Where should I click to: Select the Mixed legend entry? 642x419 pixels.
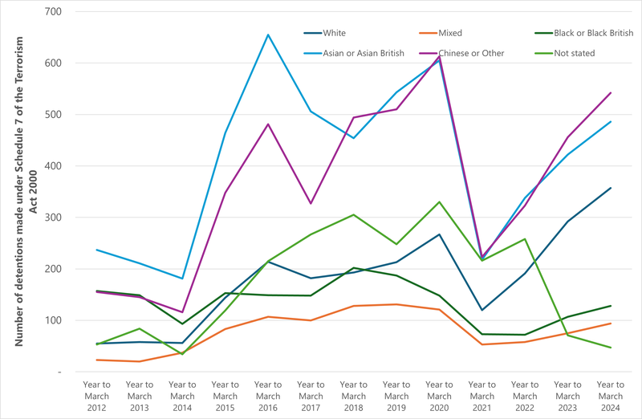[449, 33]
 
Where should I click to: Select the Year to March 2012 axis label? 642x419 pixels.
[96, 396]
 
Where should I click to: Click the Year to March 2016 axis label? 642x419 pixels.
[268, 396]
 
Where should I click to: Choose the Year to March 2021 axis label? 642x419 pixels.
[482, 396]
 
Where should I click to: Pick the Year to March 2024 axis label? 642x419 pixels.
[611, 396]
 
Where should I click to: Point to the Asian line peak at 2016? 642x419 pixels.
[268, 35]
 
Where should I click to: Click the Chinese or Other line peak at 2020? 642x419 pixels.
[440, 56]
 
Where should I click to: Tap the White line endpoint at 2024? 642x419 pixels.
[611, 188]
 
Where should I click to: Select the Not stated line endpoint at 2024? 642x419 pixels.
[611, 348]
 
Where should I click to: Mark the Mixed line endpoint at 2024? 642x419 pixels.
[611, 323]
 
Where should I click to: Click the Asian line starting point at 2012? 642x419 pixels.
[96, 250]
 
